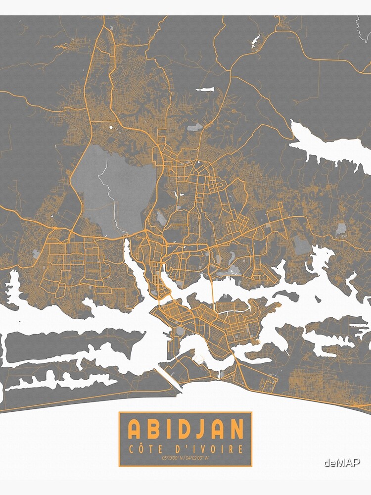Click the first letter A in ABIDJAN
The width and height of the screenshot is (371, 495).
click(x=134, y=429)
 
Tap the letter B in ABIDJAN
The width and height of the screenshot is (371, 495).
click(x=154, y=429)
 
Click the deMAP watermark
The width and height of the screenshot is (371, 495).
click(x=342, y=463)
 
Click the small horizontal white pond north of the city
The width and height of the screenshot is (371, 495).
click(x=205, y=90)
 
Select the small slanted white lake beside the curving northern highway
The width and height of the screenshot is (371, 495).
click(x=255, y=40)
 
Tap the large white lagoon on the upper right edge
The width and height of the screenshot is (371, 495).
click(x=331, y=146)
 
